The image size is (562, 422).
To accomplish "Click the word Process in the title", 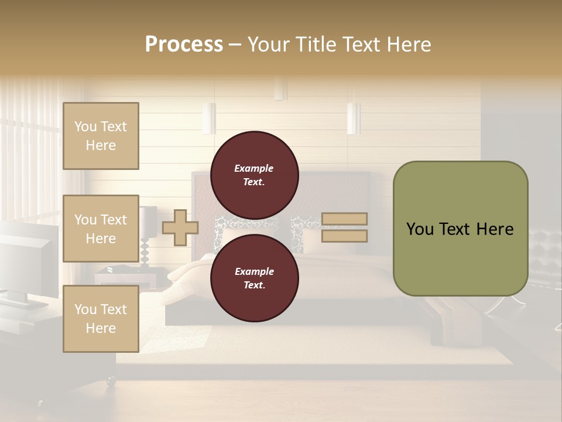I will coord(184,45).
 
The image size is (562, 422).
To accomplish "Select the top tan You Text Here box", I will coord(101,136).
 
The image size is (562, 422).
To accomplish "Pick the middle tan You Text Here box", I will coord(101,229).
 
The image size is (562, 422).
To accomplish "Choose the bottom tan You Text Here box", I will coord(101,319).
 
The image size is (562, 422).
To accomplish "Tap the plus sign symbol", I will coord(180,227).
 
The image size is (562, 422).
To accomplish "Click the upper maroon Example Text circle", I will coord(254,175).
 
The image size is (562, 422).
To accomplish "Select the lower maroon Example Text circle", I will coord(254,278).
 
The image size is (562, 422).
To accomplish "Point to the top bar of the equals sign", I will coord(344,219).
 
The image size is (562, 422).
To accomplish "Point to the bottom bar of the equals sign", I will coord(344,236).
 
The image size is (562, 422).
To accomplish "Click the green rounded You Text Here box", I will coord(460,229).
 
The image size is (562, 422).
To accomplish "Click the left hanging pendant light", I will coord(209,118).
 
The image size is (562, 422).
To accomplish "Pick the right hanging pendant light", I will coord(354,118).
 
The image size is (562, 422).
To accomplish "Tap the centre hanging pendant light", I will coord(280,89).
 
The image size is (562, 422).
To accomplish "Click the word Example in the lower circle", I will coord(254,271).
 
